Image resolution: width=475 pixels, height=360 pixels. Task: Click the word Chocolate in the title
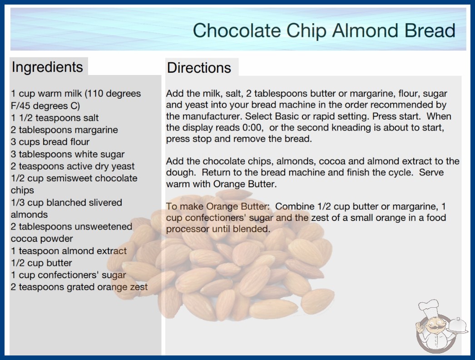[237, 30]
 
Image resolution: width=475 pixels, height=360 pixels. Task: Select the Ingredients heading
[47, 67]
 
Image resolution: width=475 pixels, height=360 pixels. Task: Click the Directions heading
[199, 68]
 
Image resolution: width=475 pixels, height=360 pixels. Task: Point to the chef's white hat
[429, 307]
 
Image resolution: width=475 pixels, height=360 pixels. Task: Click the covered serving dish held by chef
[458, 326]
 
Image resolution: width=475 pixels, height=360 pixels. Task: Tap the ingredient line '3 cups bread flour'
[50, 142]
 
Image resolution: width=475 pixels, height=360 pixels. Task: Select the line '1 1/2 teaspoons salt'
[55, 118]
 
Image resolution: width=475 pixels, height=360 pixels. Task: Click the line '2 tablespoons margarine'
[64, 130]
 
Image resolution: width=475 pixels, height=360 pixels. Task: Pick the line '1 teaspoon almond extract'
[69, 251]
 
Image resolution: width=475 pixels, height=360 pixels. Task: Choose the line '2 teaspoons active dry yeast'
[73, 166]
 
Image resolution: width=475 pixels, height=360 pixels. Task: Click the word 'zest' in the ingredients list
[139, 287]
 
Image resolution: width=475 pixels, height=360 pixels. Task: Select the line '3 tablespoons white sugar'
[68, 155]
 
